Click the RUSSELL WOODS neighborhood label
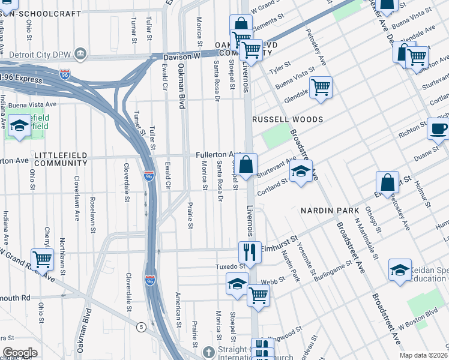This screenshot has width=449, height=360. click(x=288, y=119)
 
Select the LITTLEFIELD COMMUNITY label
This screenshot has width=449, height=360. click(x=61, y=159)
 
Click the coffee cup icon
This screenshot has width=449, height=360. click(x=438, y=128)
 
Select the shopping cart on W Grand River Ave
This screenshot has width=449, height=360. click(x=42, y=259)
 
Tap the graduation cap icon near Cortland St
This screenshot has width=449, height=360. click(x=301, y=171)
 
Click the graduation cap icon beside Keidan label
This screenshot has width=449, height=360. click(x=400, y=270)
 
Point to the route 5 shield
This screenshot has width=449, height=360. click(x=140, y=327)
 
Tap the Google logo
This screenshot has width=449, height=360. click(x=20, y=353)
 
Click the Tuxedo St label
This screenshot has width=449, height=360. click(x=228, y=266)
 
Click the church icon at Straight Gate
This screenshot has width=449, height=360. click(x=208, y=352)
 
